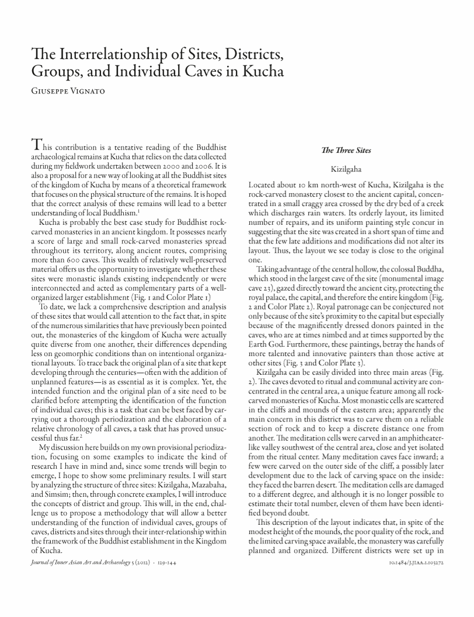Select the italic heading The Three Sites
346,151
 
